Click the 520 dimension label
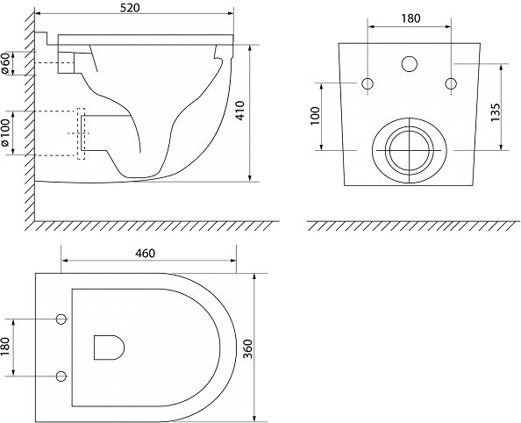130,8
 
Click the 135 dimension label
496,112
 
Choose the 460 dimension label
146,254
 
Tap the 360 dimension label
248,348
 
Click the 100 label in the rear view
315,116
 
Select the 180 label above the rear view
410,18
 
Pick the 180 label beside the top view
5,347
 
